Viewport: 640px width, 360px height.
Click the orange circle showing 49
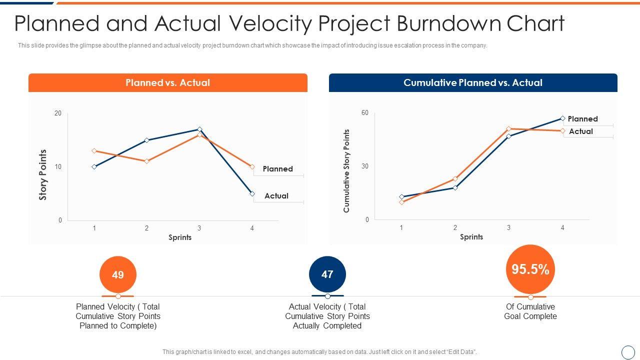(x=118, y=274)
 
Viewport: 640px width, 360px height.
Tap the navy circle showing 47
(x=327, y=274)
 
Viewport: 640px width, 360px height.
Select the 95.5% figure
(x=530, y=269)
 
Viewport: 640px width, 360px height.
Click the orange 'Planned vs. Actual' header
(x=168, y=83)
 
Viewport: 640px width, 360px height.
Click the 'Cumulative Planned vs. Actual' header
(x=472, y=83)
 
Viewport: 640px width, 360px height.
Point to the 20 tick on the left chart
(x=58, y=113)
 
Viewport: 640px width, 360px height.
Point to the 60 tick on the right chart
(x=365, y=113)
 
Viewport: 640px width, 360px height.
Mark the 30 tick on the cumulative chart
(x=365, y=166)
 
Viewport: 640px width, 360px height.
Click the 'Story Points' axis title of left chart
(x=43, y=174)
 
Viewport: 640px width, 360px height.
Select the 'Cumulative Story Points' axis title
(x=346, y=171)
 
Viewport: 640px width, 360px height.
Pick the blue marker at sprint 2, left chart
(x=146, y=140)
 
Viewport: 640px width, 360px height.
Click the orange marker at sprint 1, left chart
(x=94, y=150)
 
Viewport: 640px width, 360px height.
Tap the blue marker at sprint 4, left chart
(x=252, y=193)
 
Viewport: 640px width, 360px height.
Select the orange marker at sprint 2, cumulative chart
(x=455, y=178)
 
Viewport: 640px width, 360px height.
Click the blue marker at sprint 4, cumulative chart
(x=562, y=118)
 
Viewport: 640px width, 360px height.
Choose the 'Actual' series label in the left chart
(x=276, y=196)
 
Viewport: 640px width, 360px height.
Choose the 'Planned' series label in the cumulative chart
(x=582, y=119)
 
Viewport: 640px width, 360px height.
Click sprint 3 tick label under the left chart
(x=199, y=228)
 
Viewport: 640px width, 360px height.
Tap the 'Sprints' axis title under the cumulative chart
(x=471, y=237)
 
